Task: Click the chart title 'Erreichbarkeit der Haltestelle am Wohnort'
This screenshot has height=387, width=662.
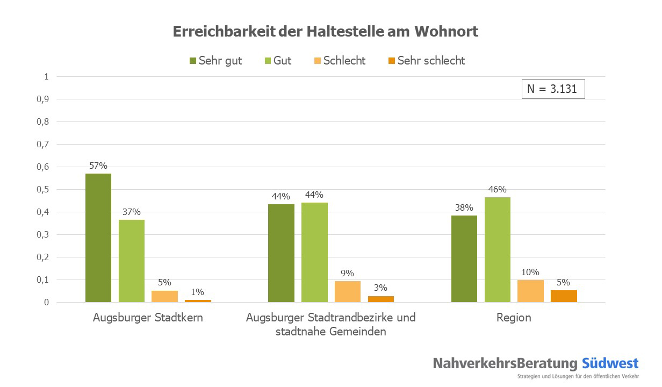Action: [325, 32]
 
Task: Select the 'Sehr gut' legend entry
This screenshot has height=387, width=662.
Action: [215, 61]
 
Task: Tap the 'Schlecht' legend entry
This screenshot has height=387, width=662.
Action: [339, 61]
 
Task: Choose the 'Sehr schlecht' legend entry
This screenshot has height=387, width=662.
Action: [426, 61]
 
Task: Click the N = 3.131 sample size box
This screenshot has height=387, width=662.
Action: [552, 89]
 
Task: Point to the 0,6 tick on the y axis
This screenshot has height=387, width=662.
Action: [42, 167]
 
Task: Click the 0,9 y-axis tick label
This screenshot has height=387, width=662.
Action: [42, 99]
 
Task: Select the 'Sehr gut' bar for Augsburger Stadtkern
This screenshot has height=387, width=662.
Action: [98, 238]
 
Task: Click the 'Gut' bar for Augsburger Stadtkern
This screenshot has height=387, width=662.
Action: [132, 261]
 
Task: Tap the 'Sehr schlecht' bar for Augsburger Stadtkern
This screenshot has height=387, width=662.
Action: [198, 300]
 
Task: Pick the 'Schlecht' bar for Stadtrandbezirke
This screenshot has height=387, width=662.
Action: [348, 291]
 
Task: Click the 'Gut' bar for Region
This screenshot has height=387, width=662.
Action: [498, 249]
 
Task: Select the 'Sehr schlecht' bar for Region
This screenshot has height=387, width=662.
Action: [564, 296]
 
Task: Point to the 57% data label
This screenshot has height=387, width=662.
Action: [98, 166]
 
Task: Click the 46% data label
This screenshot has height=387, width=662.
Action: [498, 189]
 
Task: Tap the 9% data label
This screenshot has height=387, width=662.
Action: [348, 273]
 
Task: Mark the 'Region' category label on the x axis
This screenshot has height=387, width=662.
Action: [514, 318]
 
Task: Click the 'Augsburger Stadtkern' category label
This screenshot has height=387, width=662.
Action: [148, 318]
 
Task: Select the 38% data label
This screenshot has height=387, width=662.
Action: [464, 207]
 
